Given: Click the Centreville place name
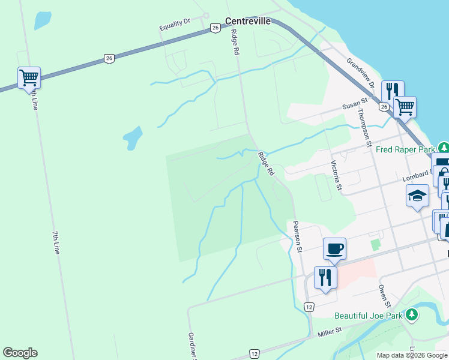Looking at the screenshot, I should pos(248,21).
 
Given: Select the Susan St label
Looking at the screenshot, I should pos(354,104).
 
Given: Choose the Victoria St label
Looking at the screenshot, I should pos(337,176).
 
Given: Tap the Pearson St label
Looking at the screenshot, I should pos(297,236).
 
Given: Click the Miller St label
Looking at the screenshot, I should pos(330,331).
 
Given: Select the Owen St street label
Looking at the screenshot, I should pos(384,295).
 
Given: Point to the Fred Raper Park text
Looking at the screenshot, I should pos(405,149).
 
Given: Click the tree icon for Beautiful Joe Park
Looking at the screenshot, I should pos(411,314).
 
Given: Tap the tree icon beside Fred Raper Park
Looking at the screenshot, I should pos(443,148).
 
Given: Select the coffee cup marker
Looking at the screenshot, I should pos(334,248).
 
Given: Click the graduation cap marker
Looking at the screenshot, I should pos(417,196).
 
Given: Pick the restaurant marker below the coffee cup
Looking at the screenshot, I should pos(325,277).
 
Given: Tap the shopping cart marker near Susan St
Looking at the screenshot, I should pos(405,107).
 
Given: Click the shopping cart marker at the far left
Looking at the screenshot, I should pos(29,77).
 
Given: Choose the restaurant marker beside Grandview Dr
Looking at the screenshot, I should pos(393,92).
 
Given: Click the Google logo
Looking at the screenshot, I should pos(20,353).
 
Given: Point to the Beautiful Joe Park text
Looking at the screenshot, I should pos(369,316).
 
